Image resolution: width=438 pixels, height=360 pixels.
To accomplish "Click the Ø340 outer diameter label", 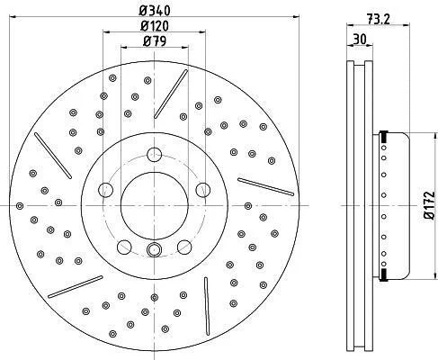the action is (155, 11).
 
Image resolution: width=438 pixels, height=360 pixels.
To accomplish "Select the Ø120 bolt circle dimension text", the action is (155, 26).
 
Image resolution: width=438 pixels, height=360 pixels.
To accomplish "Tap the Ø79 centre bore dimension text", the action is (155, 40).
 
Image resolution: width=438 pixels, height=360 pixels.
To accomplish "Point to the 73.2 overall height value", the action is (379, 19).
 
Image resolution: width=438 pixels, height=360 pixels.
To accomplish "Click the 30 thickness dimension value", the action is (360, 39).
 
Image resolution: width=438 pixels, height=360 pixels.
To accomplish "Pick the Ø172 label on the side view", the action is (429, 205).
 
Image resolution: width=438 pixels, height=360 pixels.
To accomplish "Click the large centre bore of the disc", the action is (155, 205).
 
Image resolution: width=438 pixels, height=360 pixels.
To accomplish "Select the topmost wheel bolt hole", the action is (155, 155).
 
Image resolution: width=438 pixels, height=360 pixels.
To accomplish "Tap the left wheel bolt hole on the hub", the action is (106, 190).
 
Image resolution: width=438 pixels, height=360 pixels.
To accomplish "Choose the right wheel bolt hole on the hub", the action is (203, 190).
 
